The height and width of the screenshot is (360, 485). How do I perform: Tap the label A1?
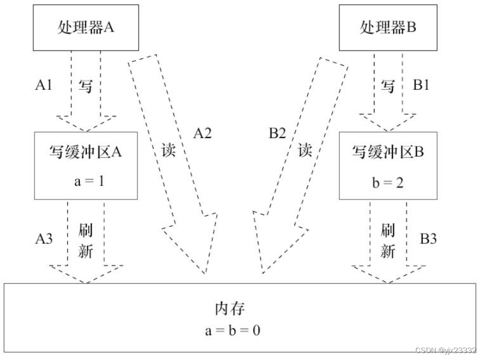pyautogui.click(x=44, y=85)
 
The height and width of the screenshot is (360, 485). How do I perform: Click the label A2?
pyautogui.click(x=202, y=133)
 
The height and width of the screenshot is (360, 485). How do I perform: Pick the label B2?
pyautogui.click(x=277, y=134)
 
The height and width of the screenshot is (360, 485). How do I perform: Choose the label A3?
pyautogui.click(x=44, y=238)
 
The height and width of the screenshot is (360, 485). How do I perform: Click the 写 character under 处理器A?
pyautogui.click(x=85, y=87)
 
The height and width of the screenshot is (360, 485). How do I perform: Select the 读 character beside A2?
pyautogui.click(x=169, y=151)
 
